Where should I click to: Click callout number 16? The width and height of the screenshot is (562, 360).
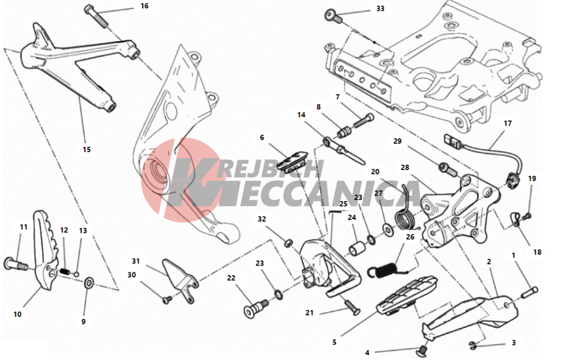click(144, 6)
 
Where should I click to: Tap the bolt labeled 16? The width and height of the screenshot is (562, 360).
click(96, 15)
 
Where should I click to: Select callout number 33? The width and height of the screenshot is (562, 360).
click(380, 8)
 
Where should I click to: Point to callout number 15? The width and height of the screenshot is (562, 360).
click(87, 149)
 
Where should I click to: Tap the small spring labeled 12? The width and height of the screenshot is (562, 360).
click(65, 271)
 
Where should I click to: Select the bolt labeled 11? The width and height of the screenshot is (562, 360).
click(15, 265)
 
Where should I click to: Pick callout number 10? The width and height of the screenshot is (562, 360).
click(17, 314)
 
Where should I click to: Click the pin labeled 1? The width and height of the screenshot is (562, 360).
click(529, 292)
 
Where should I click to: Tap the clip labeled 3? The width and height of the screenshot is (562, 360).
click(473, 345)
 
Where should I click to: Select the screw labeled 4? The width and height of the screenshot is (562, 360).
click(423, 350)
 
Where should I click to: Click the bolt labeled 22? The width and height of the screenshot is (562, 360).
click(256, 307)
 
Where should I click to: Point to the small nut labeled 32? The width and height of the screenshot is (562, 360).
click(287, 244)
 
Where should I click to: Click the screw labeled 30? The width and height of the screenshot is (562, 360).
click(167, 300)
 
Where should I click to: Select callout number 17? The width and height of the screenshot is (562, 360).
click(507, 123)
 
